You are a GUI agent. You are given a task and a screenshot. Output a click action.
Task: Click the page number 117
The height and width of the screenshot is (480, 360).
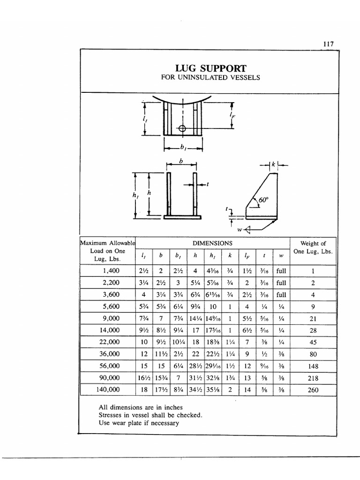tap(328, 44)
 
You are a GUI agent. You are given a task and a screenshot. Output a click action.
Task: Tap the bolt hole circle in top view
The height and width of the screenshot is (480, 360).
tap(182, 128)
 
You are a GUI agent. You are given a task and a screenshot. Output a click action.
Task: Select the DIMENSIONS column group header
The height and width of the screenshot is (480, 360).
tap(213, 244)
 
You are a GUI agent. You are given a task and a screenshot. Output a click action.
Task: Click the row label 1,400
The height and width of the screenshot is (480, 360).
tap(111, 271)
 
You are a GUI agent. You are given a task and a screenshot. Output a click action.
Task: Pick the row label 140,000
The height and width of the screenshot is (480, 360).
tap(108, 390)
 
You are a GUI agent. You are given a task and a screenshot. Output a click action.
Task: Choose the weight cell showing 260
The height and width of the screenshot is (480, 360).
tap(313, 390)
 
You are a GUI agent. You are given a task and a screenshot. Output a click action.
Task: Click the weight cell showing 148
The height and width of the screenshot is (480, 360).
tap(313, 366)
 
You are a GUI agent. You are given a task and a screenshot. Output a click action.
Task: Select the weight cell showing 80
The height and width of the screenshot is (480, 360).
tap(313, 354)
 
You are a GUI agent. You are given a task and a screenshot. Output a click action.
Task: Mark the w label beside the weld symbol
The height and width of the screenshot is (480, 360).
tap(240, 229)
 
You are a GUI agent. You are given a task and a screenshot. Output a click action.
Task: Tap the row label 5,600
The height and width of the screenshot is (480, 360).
tap(111, 307)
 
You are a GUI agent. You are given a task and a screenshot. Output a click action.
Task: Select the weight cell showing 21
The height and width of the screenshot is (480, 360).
tap(313, 318)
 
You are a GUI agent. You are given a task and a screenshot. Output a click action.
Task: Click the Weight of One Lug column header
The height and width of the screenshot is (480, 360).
tap(313, 247)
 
